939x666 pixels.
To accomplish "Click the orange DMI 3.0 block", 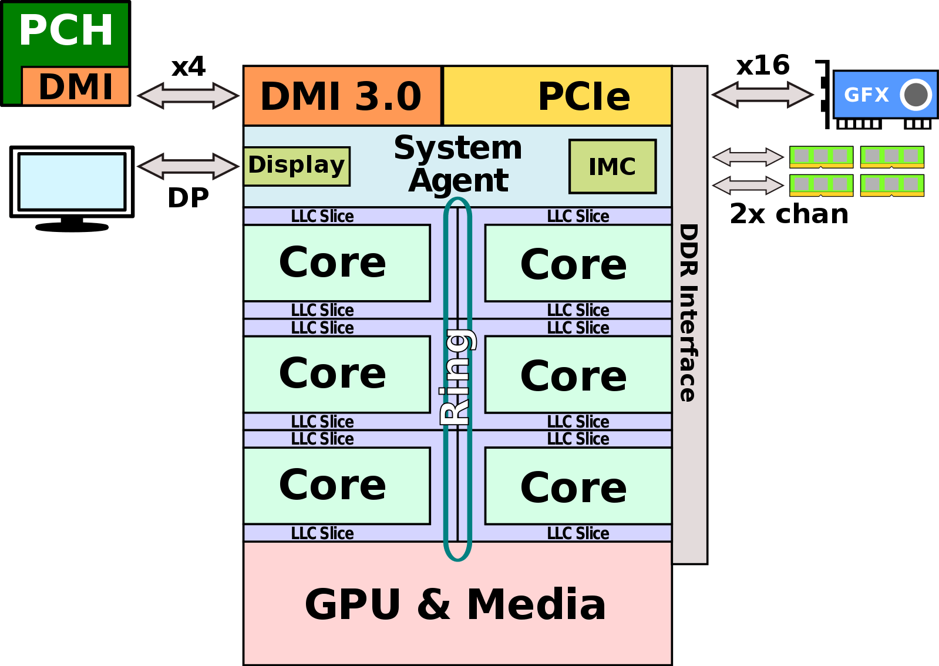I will [x=342, y=96].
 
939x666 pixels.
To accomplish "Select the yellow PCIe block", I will [x=557, y=96].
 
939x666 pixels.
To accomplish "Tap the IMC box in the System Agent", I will [x=612, y=166].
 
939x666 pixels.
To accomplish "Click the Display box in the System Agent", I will [x=297, y=166].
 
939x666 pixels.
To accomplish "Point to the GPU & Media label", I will [x=455, y=604].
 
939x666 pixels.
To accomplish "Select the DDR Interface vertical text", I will [x=689, y=312].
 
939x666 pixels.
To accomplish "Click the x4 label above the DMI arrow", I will [x=189, y=67].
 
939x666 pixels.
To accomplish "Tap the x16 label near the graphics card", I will [x=763, y=65].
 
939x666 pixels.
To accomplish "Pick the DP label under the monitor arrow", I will [x=189, y=198].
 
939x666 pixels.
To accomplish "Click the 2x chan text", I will [x=789, y=214].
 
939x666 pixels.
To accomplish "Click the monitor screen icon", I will [x=72, y=181].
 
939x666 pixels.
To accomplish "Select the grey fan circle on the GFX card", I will [x=916, y=94].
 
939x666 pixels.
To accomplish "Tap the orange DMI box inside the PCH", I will [x=76, y=86].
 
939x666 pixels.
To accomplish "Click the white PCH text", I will [x=66, y=30].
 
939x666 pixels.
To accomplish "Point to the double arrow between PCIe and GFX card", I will [x=762, y=95].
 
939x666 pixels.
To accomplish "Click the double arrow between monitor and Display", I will [x=188, y=166].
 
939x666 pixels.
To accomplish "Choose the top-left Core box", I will [x=336, y=263].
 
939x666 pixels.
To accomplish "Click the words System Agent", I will [x=458, y=164].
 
